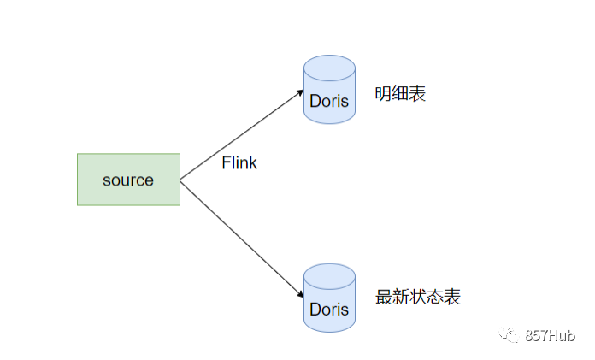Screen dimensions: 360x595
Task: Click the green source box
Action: [x=128, y=180]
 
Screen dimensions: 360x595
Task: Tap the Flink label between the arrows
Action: [x=239, y=163]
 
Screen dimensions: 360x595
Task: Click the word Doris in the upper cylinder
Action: [x=329, y=101]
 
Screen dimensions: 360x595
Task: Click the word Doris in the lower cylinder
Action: [x=329, y=309]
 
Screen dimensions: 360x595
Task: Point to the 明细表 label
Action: [x=400, y=94]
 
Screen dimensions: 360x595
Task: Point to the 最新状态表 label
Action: [x=418, y=298]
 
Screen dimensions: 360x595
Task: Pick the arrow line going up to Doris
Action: [x=239, y=133]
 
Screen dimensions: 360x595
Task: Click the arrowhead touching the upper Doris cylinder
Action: [x=301, y=89]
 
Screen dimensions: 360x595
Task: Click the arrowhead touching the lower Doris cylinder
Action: [x=301, y=293]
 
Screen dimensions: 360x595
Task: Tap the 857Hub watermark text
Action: [x=551, y=336]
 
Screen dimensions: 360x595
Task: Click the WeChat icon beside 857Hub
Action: [x=510, y=336]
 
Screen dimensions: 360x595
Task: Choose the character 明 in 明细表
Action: [x=383, y=94]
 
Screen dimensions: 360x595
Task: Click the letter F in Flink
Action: [x=226, y=163]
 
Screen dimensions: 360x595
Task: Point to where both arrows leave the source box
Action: [x=180, y=180]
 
